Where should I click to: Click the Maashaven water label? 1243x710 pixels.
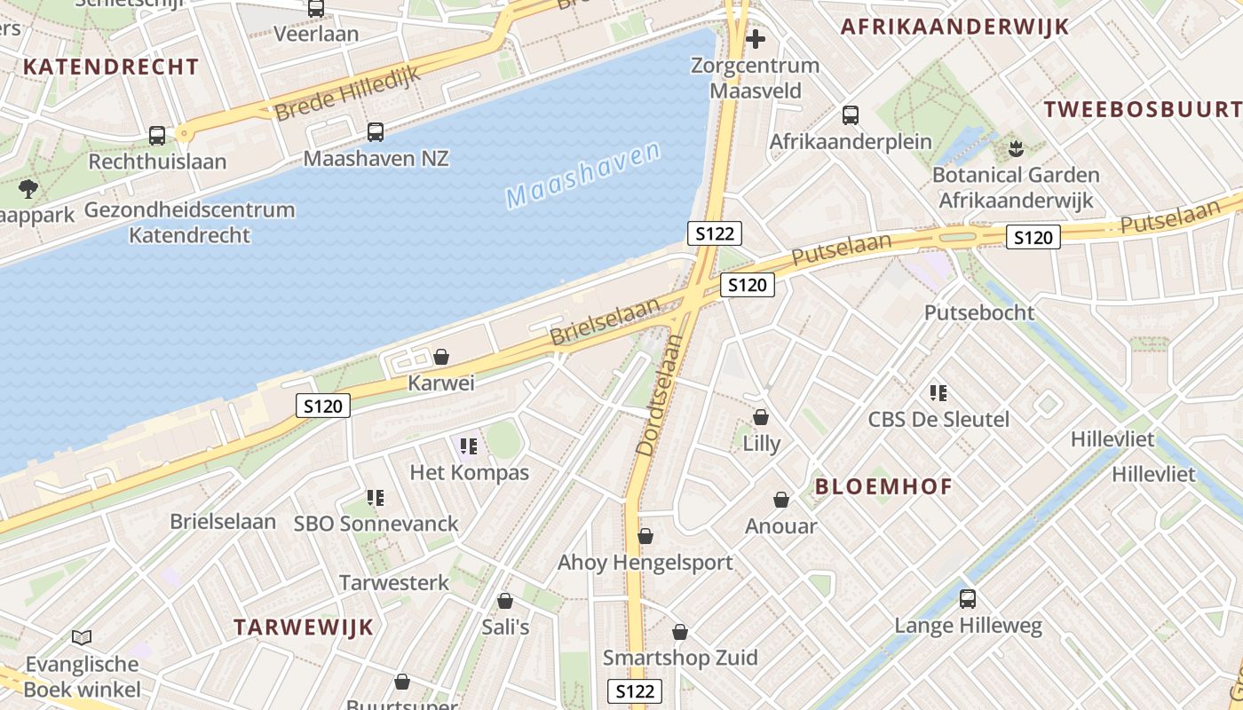click(584, 175)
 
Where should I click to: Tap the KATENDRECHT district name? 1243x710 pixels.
click(111, 67)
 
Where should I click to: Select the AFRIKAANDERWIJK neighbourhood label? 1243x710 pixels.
click(955, 27)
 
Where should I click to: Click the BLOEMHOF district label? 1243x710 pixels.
click(883, 486)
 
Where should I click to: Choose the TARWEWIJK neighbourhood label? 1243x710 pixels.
click(304, 627)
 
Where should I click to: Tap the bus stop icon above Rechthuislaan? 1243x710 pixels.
click(157, 136)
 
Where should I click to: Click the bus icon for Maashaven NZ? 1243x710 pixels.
click(376, 132)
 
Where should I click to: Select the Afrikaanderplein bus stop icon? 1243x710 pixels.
click(851, 115)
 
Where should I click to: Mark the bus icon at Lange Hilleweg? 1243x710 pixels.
click(968, 599)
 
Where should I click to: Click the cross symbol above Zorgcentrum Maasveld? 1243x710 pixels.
click(756, 39)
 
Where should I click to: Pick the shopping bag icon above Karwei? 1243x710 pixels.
click(441, 357)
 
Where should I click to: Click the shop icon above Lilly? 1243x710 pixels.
click(761, 417)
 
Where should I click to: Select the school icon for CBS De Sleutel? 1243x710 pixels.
click(938, 392)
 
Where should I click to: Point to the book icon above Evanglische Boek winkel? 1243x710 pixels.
click(82, 637)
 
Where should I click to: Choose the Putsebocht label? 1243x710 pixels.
click(979, 312)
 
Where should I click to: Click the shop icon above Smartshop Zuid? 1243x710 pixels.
click(680, 632)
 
